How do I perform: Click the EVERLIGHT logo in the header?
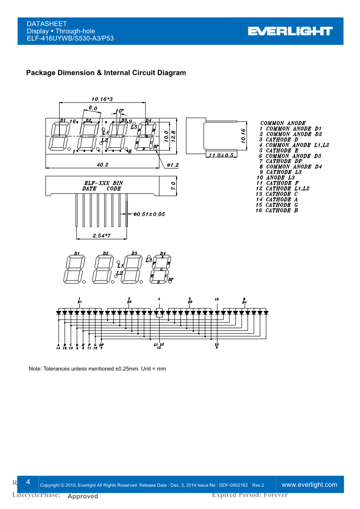tap(290, 31)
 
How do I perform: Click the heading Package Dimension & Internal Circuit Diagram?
tap(106, 73)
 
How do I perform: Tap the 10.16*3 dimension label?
tap(102, 99)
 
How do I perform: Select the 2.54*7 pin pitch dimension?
tap(102, 236)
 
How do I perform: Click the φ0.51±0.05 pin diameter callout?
tap(149, 214)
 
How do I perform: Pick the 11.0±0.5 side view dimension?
tap(221, 155)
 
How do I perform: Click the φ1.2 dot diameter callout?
tap(173, 165)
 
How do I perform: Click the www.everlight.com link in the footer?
tap(310, 485)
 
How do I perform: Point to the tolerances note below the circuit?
tap(97, 368)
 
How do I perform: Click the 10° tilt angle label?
tap(119, 111)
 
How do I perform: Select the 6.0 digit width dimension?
tap(93, 108)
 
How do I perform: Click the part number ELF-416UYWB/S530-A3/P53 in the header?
tap(70, 39)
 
